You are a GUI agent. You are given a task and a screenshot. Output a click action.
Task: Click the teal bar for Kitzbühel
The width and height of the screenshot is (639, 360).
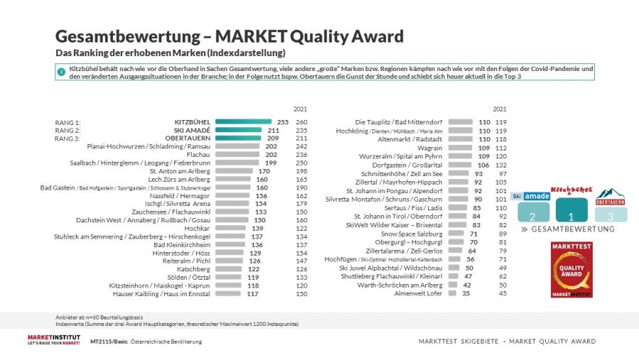244,121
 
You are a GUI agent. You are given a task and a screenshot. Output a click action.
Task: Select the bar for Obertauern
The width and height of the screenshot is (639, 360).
238,138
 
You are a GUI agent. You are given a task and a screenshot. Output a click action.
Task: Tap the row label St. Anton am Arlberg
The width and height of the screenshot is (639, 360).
180,170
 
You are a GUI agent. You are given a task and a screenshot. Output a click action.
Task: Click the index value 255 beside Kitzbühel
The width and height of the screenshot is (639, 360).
282,121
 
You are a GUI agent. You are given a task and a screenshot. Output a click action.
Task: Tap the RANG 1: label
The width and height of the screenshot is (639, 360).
68,122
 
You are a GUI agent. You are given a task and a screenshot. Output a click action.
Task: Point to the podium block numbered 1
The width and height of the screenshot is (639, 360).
572,210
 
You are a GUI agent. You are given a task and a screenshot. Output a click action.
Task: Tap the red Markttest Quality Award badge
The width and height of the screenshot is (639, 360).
572,269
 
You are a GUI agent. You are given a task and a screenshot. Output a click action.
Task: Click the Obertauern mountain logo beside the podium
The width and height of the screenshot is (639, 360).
611,196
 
